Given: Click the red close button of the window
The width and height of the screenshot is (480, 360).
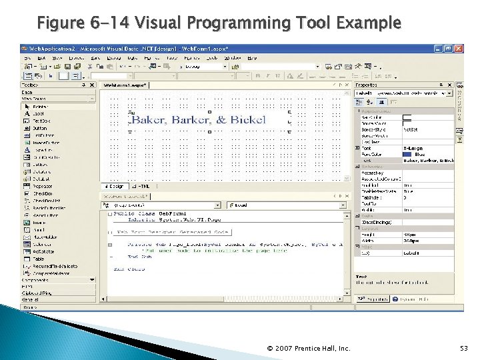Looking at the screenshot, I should click(x=459, y=49).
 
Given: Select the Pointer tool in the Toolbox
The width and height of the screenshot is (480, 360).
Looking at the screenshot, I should click(x=40, y=107).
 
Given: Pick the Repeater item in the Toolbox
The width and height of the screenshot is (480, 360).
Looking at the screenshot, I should click(x=43, y=186).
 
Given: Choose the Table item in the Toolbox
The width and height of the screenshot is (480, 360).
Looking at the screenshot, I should click(x=39, y=258).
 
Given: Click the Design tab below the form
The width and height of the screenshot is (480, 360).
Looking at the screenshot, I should click(x=114, y=186).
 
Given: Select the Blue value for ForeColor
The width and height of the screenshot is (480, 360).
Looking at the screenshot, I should click(x=419, y=154).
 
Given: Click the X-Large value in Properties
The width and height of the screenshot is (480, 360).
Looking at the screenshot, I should click(x=414, y=148).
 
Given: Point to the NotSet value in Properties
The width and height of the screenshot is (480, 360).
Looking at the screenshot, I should click(x=410, y=129).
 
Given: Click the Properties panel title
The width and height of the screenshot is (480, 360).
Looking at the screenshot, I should click(x=367, y=85).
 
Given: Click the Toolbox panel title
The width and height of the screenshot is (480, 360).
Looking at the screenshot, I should click(x=30, y=85).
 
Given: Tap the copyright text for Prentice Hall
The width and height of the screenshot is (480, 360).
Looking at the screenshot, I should click(x=309, y=348).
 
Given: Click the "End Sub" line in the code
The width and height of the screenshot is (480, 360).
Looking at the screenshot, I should click(x=140, y=256).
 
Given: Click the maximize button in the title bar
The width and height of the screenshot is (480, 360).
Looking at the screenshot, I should click(x=449, y=49).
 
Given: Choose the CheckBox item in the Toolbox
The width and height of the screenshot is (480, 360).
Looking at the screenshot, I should click(x=43, y=193).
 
